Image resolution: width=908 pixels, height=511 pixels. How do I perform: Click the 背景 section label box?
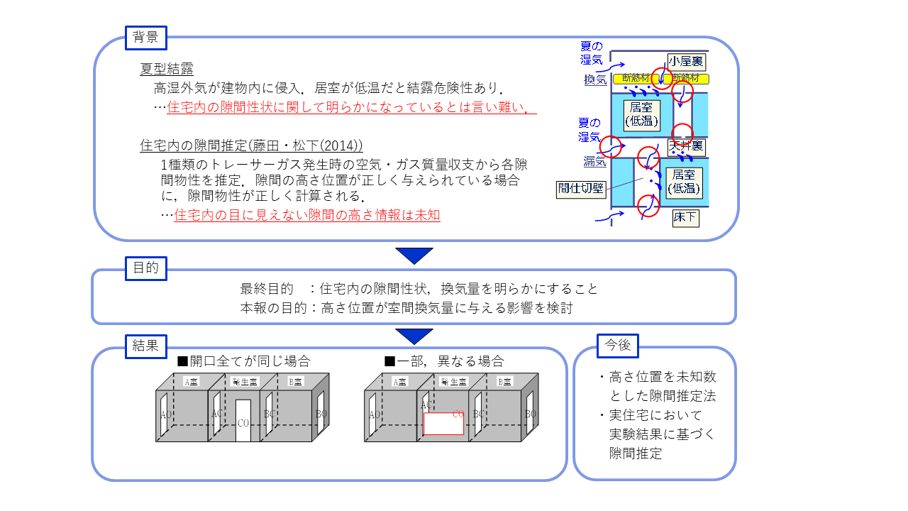click(145, 38)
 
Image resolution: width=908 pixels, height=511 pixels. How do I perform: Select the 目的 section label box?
click(145, 268)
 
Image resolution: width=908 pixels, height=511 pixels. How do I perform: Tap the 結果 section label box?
click(145, 346)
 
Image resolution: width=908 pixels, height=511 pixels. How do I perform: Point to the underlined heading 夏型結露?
click(167, 69)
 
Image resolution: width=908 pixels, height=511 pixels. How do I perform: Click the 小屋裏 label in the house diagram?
click(686, 62)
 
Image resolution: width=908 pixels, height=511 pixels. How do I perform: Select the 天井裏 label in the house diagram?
click(685, 147)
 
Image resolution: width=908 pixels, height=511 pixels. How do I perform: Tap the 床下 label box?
click(685, 218)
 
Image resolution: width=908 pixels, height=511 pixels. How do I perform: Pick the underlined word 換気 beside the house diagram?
click(594, 80)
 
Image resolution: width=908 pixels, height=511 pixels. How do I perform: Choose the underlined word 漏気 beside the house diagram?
click(594, 161)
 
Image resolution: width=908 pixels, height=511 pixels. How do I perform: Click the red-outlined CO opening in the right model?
click(443, 424)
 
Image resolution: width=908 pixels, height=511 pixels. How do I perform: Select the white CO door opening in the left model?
click(243, 421)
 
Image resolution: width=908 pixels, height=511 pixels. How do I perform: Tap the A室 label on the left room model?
click(192, 382)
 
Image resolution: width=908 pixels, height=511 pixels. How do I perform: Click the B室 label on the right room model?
click(505, 382)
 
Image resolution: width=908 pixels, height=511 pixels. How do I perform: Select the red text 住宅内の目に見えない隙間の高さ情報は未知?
click(307, 215)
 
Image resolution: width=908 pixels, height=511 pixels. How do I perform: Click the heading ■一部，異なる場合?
click(444, 361)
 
